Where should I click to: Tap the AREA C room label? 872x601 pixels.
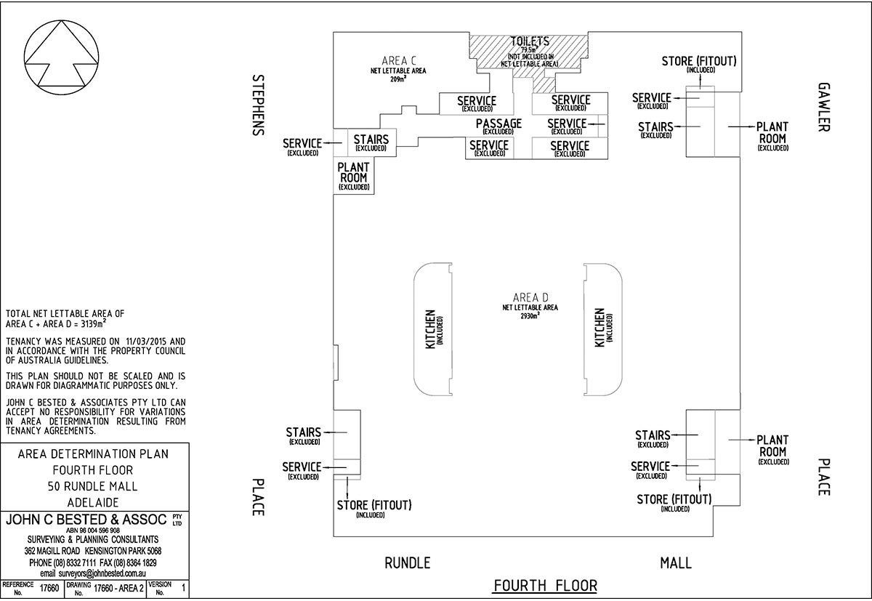(x=397, y=60)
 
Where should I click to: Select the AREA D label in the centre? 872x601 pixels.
(x=530, y=298)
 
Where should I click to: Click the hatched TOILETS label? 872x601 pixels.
(x=530, y=41)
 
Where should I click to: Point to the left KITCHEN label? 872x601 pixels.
(x=430, y=329)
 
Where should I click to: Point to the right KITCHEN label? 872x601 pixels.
(x=599, y=328)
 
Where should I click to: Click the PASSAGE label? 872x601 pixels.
(x=498, y=124)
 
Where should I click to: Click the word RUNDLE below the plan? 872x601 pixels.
(x=407, y=562)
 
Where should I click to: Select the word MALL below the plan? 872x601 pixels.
(x=675, y=562)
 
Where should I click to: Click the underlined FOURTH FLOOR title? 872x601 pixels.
(x=545, y=586)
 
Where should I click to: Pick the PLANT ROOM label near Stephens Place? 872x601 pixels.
(x=354, y=173)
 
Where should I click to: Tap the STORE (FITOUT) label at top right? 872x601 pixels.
(x=698, y=61)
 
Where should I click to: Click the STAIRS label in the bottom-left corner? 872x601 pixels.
(x=304, y=433)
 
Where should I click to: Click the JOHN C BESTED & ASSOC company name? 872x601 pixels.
(x=86, y=520)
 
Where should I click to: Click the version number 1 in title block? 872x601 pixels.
(x=183, y=588)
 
